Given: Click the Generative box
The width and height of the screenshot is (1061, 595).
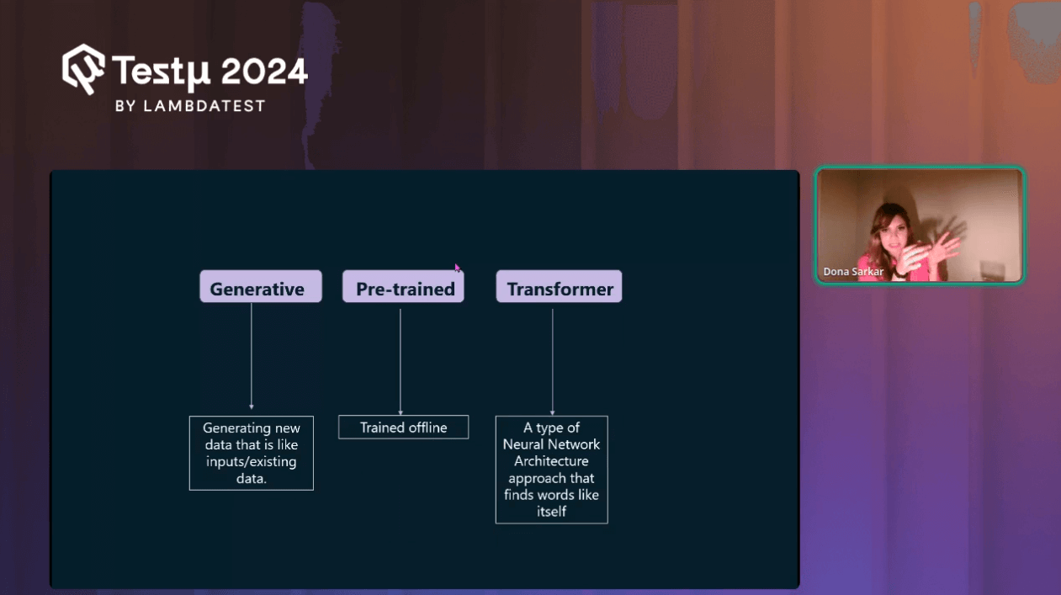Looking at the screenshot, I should coord(260,287).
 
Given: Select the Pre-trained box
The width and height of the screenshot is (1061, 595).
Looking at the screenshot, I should coord(403,287).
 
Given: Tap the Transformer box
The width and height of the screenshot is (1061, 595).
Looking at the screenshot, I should coord(559,287).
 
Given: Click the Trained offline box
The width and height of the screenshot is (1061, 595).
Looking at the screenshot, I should coord(403,428).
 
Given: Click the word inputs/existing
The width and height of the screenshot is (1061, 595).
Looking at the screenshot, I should coord(252,461).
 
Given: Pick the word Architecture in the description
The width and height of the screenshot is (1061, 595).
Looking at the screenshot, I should coord(551,461).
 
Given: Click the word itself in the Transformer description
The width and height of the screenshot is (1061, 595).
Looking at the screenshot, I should coord(551,512).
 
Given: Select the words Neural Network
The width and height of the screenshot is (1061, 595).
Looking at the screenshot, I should coord(551,444).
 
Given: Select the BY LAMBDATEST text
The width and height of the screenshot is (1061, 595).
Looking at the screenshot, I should coord(189,106).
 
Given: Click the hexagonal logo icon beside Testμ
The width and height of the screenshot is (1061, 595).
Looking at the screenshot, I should coord(83,67).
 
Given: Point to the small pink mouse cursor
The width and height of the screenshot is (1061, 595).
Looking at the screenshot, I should coord(457,268).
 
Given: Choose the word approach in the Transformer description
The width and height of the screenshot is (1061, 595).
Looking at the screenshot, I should coord(551,478).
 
